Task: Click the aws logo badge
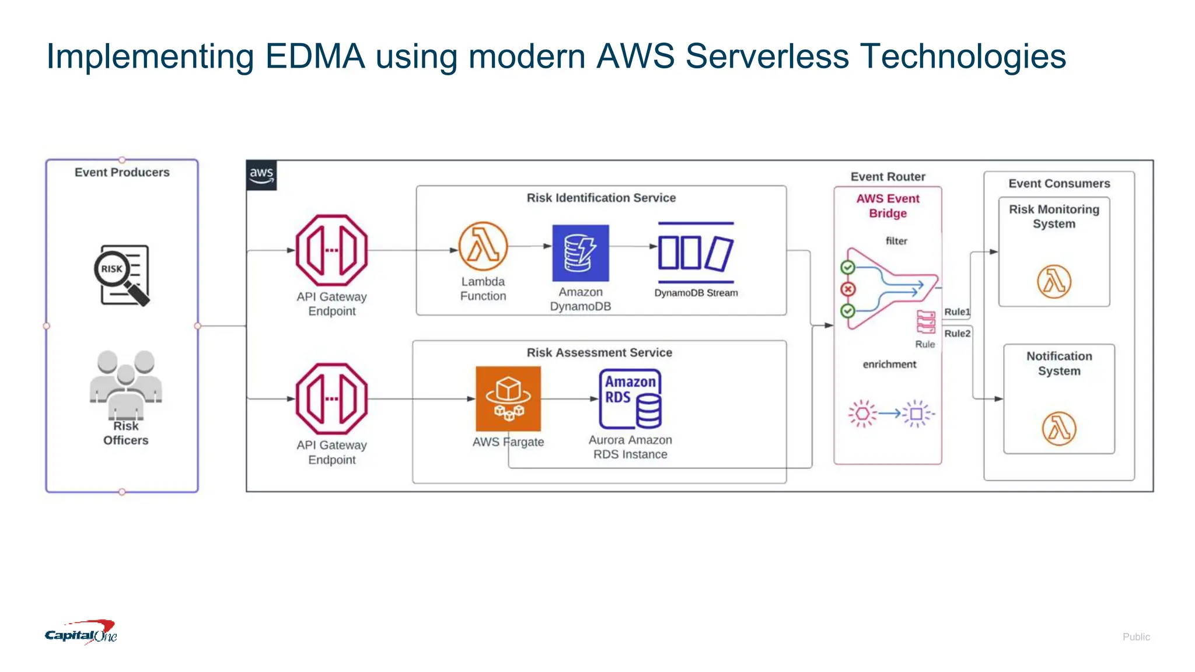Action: tap(261, 175)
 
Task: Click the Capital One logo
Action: tap(81, 633)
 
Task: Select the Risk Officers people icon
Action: tap(125, 382)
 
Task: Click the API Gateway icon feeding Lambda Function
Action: tap(331, 250)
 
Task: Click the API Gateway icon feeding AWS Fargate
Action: tap(331, 399)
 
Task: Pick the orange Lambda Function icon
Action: tap(483, 246)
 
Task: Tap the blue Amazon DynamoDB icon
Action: tap(581, 253)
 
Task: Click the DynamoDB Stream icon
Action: tap(696, 253)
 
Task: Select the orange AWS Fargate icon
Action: tap(508, 398)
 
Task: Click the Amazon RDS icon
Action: tap(630, 399)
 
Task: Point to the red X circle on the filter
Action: tap(848, 289)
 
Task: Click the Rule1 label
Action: tap(957, 312)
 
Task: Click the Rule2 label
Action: tap(957, 334)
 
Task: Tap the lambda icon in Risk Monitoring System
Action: tap(1054, 282)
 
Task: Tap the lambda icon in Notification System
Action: tap(1059, 429)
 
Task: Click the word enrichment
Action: tap(889, 365)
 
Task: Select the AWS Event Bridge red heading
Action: tap(887, 206)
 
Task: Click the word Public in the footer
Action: tap(1135, 637)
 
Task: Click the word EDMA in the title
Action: tap(315, 57)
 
